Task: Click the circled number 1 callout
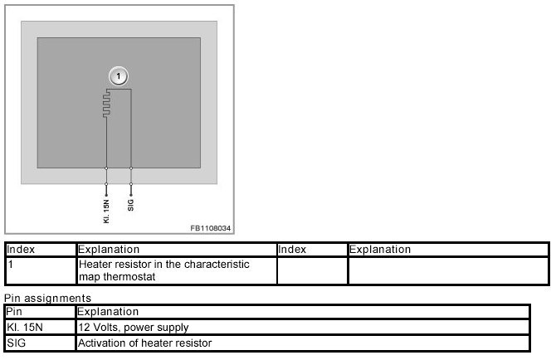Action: tap(119, 76)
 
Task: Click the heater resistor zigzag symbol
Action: tap(106, 105)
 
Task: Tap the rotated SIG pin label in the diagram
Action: tap(131, 203)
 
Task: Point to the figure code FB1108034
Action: tap(210, 226)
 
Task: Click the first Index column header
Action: tap(21, 250)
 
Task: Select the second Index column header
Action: tap(292, 250)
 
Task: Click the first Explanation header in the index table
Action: tap(109, 250)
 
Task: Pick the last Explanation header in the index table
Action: tap(380, 250)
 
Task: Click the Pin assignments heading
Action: tap(47, 297)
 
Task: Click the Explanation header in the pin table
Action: tap(108, 312)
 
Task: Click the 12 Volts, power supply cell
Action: tap(134, 328)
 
